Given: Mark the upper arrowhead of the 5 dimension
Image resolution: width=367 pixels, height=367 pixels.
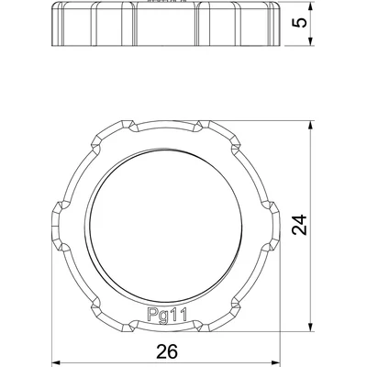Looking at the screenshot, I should [x=313, y=5].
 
